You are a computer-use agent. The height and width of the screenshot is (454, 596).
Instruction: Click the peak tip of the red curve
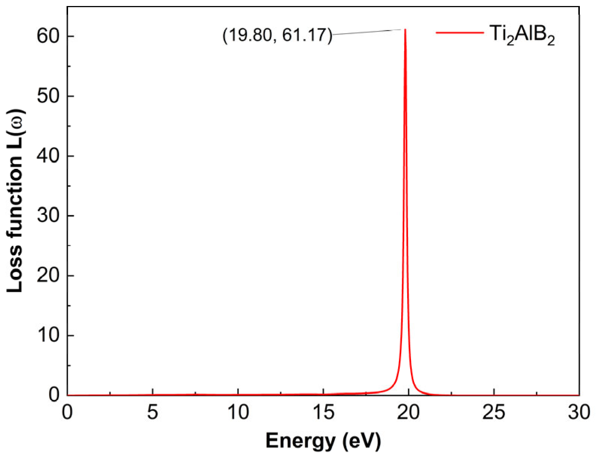point(405,29)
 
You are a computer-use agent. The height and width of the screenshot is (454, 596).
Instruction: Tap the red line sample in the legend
point(460,33)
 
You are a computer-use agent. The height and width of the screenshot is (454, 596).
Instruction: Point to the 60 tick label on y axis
point(49,36)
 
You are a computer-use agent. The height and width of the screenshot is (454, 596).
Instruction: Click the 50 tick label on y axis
point(49,96)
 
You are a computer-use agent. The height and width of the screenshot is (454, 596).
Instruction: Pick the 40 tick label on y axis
point(49,156)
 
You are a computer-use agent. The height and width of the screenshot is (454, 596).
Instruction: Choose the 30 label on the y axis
point(49,216)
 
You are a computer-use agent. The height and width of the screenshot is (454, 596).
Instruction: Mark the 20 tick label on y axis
point(49,275)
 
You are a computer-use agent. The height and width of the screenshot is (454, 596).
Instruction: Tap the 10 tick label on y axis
point(49,335)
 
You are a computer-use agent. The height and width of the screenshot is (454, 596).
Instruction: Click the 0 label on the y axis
point(55,395)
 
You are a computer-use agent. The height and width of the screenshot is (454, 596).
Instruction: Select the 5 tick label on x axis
point(152,413)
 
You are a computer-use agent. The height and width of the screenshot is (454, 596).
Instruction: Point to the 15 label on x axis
point(323,413)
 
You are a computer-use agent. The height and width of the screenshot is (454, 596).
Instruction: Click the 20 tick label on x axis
point(408,413)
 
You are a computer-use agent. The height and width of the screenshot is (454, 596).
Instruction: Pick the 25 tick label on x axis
point(494,413)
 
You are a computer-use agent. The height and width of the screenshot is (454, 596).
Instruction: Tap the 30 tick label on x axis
point(579,413)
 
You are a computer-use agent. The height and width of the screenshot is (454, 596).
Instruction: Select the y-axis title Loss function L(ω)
point(15,201)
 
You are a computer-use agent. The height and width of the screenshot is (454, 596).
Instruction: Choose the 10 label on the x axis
point(238,413)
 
